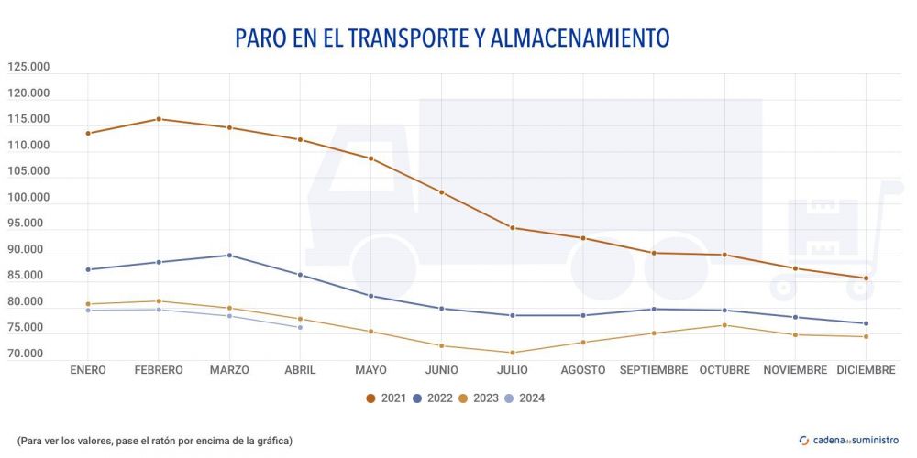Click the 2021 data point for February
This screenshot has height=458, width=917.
click(x=159, y=119)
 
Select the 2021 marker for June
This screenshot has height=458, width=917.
click(x=442, y=192)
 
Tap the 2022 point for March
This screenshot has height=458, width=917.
click(x=229, y=256)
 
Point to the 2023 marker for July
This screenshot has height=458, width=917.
click(x=513, y=353)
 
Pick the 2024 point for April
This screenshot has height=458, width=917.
click(x=300, y=327)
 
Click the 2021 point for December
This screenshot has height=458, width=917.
click(x=866, y=278)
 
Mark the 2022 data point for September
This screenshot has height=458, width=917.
click(x=654, y=309)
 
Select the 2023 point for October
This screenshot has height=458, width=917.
click(x=724, y=325)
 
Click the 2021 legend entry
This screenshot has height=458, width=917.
click(x=386, y=398)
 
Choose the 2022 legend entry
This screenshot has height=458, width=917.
click(x=433, y=398)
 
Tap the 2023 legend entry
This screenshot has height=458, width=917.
click(x=479, y=398)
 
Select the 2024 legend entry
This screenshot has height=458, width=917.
click(x=525, y=398)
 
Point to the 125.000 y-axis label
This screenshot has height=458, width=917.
click(x=28, y=67)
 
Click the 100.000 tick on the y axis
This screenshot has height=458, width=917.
click(x=28, y=197)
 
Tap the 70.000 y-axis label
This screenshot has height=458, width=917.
click(x=28, y=354)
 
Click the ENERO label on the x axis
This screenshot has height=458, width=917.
click(x=88, y=370)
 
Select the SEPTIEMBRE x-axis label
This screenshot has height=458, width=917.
click(x=654, y=370)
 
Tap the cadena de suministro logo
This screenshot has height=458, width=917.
click(x=849, y=440)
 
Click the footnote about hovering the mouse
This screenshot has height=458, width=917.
click(x=154, y=441)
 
